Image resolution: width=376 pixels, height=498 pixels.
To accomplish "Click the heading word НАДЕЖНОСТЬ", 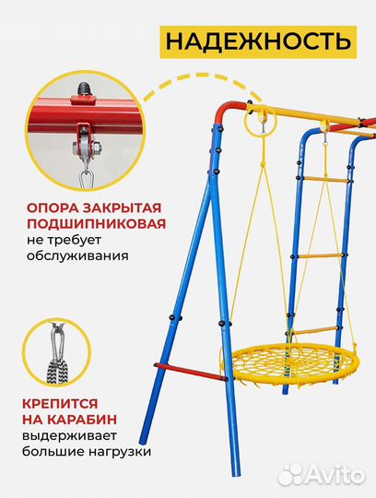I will tap(257, 41).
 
